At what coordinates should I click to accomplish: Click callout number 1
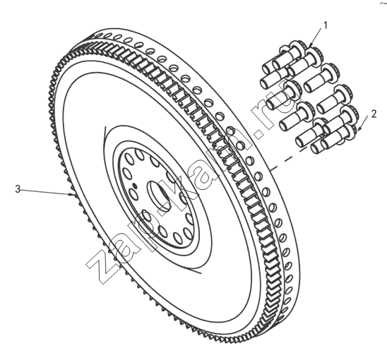pos(326,25)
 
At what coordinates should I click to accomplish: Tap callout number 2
pos(374,114)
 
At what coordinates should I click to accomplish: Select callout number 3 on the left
pos(18,189)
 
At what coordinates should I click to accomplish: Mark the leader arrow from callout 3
pos(47,192)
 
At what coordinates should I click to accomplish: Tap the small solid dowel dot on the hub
pos(134,185)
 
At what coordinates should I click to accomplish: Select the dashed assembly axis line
pos(288,158)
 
